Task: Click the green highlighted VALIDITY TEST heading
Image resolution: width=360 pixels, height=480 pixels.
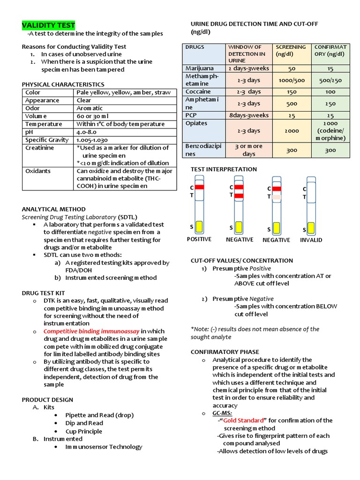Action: (x=49, y=25)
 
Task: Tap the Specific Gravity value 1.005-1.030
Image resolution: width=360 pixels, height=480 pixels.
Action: (x=92, y=140)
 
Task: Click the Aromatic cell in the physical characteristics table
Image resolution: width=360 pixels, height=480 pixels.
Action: (x=90, y=108)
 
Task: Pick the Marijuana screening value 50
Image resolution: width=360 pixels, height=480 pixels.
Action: (x=292, y=68)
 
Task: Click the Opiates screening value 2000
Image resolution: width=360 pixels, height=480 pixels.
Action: (x=292, y=131)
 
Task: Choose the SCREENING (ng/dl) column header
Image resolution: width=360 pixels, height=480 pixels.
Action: (x=291, y=51)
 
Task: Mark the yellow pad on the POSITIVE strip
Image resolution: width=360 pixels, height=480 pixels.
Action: (x=199, y=227)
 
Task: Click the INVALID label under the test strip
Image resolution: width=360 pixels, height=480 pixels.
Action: (x=311, y=240)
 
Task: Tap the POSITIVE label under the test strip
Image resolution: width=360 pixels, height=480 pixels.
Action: (x=199, y=240)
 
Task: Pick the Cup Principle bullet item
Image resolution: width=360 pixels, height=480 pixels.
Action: (x=83, y=431)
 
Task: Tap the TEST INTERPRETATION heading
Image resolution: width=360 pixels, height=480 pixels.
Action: (x=224, y=169)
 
